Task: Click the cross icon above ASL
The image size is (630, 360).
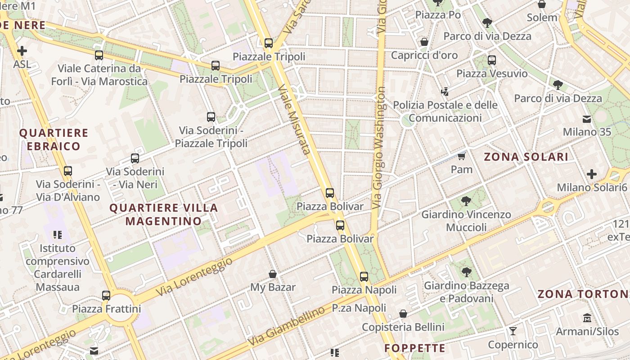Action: click(22, 51)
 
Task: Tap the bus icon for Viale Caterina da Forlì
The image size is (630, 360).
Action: click(99, 55)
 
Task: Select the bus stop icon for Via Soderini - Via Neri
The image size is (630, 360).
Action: click(135, 158)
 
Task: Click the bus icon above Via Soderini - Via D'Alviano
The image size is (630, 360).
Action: click(68, 171)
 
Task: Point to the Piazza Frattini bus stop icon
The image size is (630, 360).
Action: click(106, 296)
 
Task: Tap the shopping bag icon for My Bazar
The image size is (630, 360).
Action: click(272, 274)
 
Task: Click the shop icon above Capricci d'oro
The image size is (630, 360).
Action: click(424, 42)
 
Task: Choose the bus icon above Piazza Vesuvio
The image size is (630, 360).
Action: click(492, 60)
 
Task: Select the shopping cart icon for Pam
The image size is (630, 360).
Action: click(461, 156)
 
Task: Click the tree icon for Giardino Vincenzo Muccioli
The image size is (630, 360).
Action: click(466, 201)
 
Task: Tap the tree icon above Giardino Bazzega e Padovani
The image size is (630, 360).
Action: click(467, 272)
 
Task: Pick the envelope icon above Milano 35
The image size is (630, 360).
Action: click(587, 119)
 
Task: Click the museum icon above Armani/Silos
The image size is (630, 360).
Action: click(587, 318)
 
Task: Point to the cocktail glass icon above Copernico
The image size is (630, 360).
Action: click(513, 332)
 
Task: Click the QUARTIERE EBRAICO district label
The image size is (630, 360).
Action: click(54, 139)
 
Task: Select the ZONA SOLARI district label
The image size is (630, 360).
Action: click(526, 157)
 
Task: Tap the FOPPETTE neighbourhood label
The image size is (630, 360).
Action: click(415, 348)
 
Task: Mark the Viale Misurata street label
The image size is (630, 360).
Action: click(295, 119)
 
